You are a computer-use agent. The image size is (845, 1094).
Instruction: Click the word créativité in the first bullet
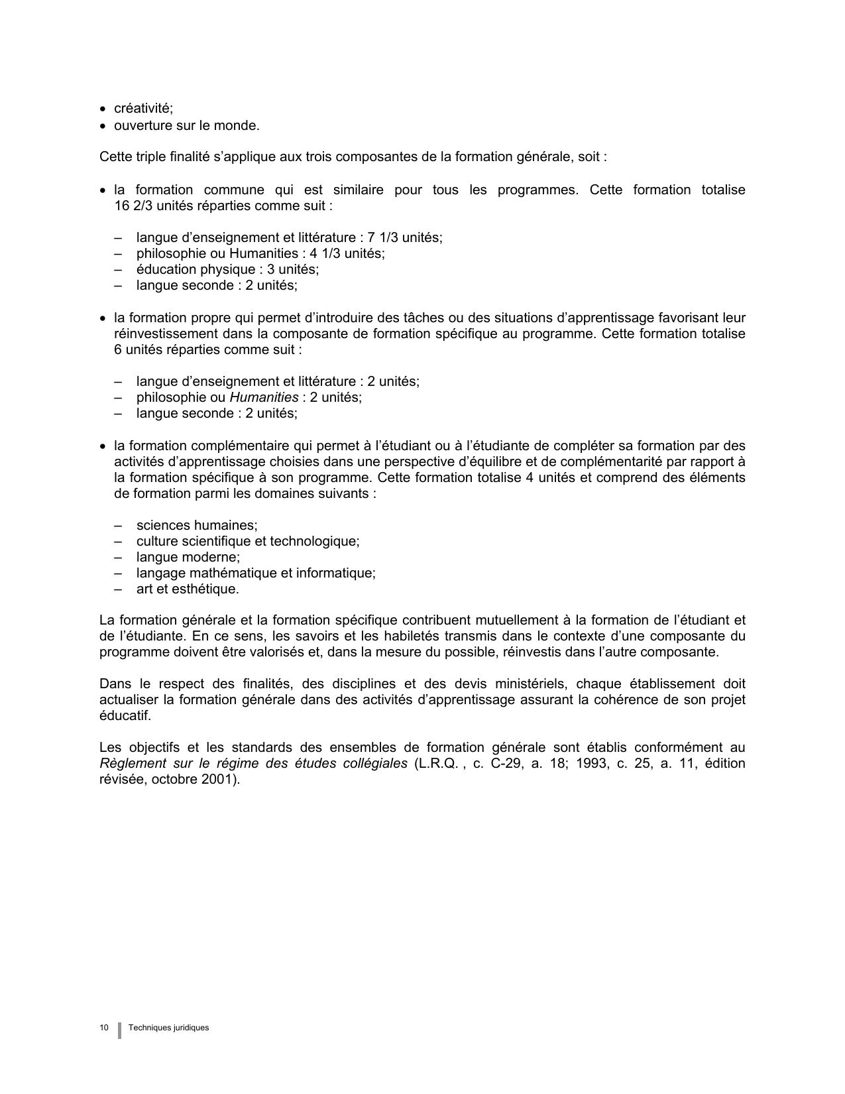(142, 109)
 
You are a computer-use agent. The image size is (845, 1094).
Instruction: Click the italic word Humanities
(264, 397)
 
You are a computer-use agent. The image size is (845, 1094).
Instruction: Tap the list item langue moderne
(188, 557)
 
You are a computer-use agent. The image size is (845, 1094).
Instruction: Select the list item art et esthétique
(188, 589)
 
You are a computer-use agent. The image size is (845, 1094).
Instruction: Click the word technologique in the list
(315, 541)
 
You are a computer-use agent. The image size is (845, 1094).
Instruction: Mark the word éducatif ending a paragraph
(125, 715)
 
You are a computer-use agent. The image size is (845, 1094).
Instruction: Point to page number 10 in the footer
(104, 1028)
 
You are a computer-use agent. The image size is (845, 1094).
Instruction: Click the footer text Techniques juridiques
(169, 1028)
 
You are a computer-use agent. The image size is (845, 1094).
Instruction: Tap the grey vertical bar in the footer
(119, 1030)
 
